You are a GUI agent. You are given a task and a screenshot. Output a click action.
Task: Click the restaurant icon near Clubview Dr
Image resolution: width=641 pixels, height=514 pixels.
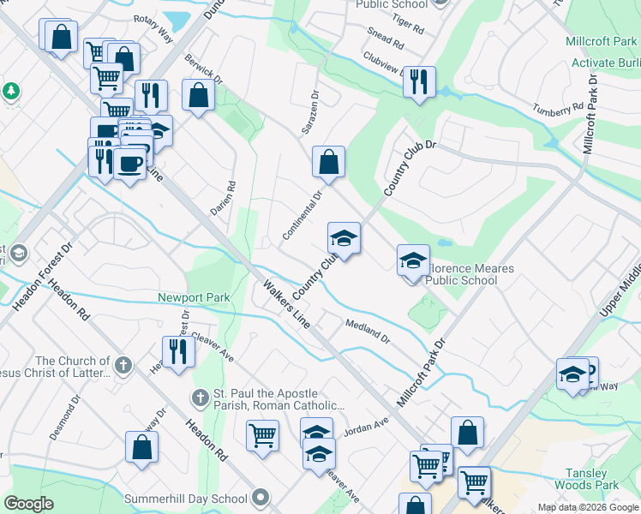tap(419, 83)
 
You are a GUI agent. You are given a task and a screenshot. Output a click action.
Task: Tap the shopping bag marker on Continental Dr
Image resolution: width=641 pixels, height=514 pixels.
tap(328, 161)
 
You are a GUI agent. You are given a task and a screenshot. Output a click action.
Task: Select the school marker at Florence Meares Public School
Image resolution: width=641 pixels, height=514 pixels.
tap(413, 260)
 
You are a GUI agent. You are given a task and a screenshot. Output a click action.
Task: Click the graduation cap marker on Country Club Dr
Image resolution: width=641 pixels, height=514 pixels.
tap(344, 239)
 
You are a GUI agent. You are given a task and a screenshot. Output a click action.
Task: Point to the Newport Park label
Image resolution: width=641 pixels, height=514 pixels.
tap(194, 297)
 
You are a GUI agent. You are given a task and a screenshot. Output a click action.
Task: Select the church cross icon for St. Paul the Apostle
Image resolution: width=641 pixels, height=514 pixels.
tap(199, 397)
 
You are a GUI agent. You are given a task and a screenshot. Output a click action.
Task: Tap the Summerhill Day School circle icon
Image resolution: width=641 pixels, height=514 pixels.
tap(261, 498)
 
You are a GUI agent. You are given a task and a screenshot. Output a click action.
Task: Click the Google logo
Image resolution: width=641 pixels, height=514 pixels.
tap(28, 504)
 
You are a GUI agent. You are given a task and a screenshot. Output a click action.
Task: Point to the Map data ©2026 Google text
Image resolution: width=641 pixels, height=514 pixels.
tap(588, 507)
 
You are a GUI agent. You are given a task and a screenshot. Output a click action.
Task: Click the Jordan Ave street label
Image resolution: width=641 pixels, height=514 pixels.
tap(367, 426)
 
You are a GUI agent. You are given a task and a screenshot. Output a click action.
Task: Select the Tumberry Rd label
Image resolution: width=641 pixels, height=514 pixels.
tap(557, 110)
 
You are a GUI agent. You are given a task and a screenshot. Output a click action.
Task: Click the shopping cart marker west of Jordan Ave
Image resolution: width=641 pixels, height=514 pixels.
tap(262, 434)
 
